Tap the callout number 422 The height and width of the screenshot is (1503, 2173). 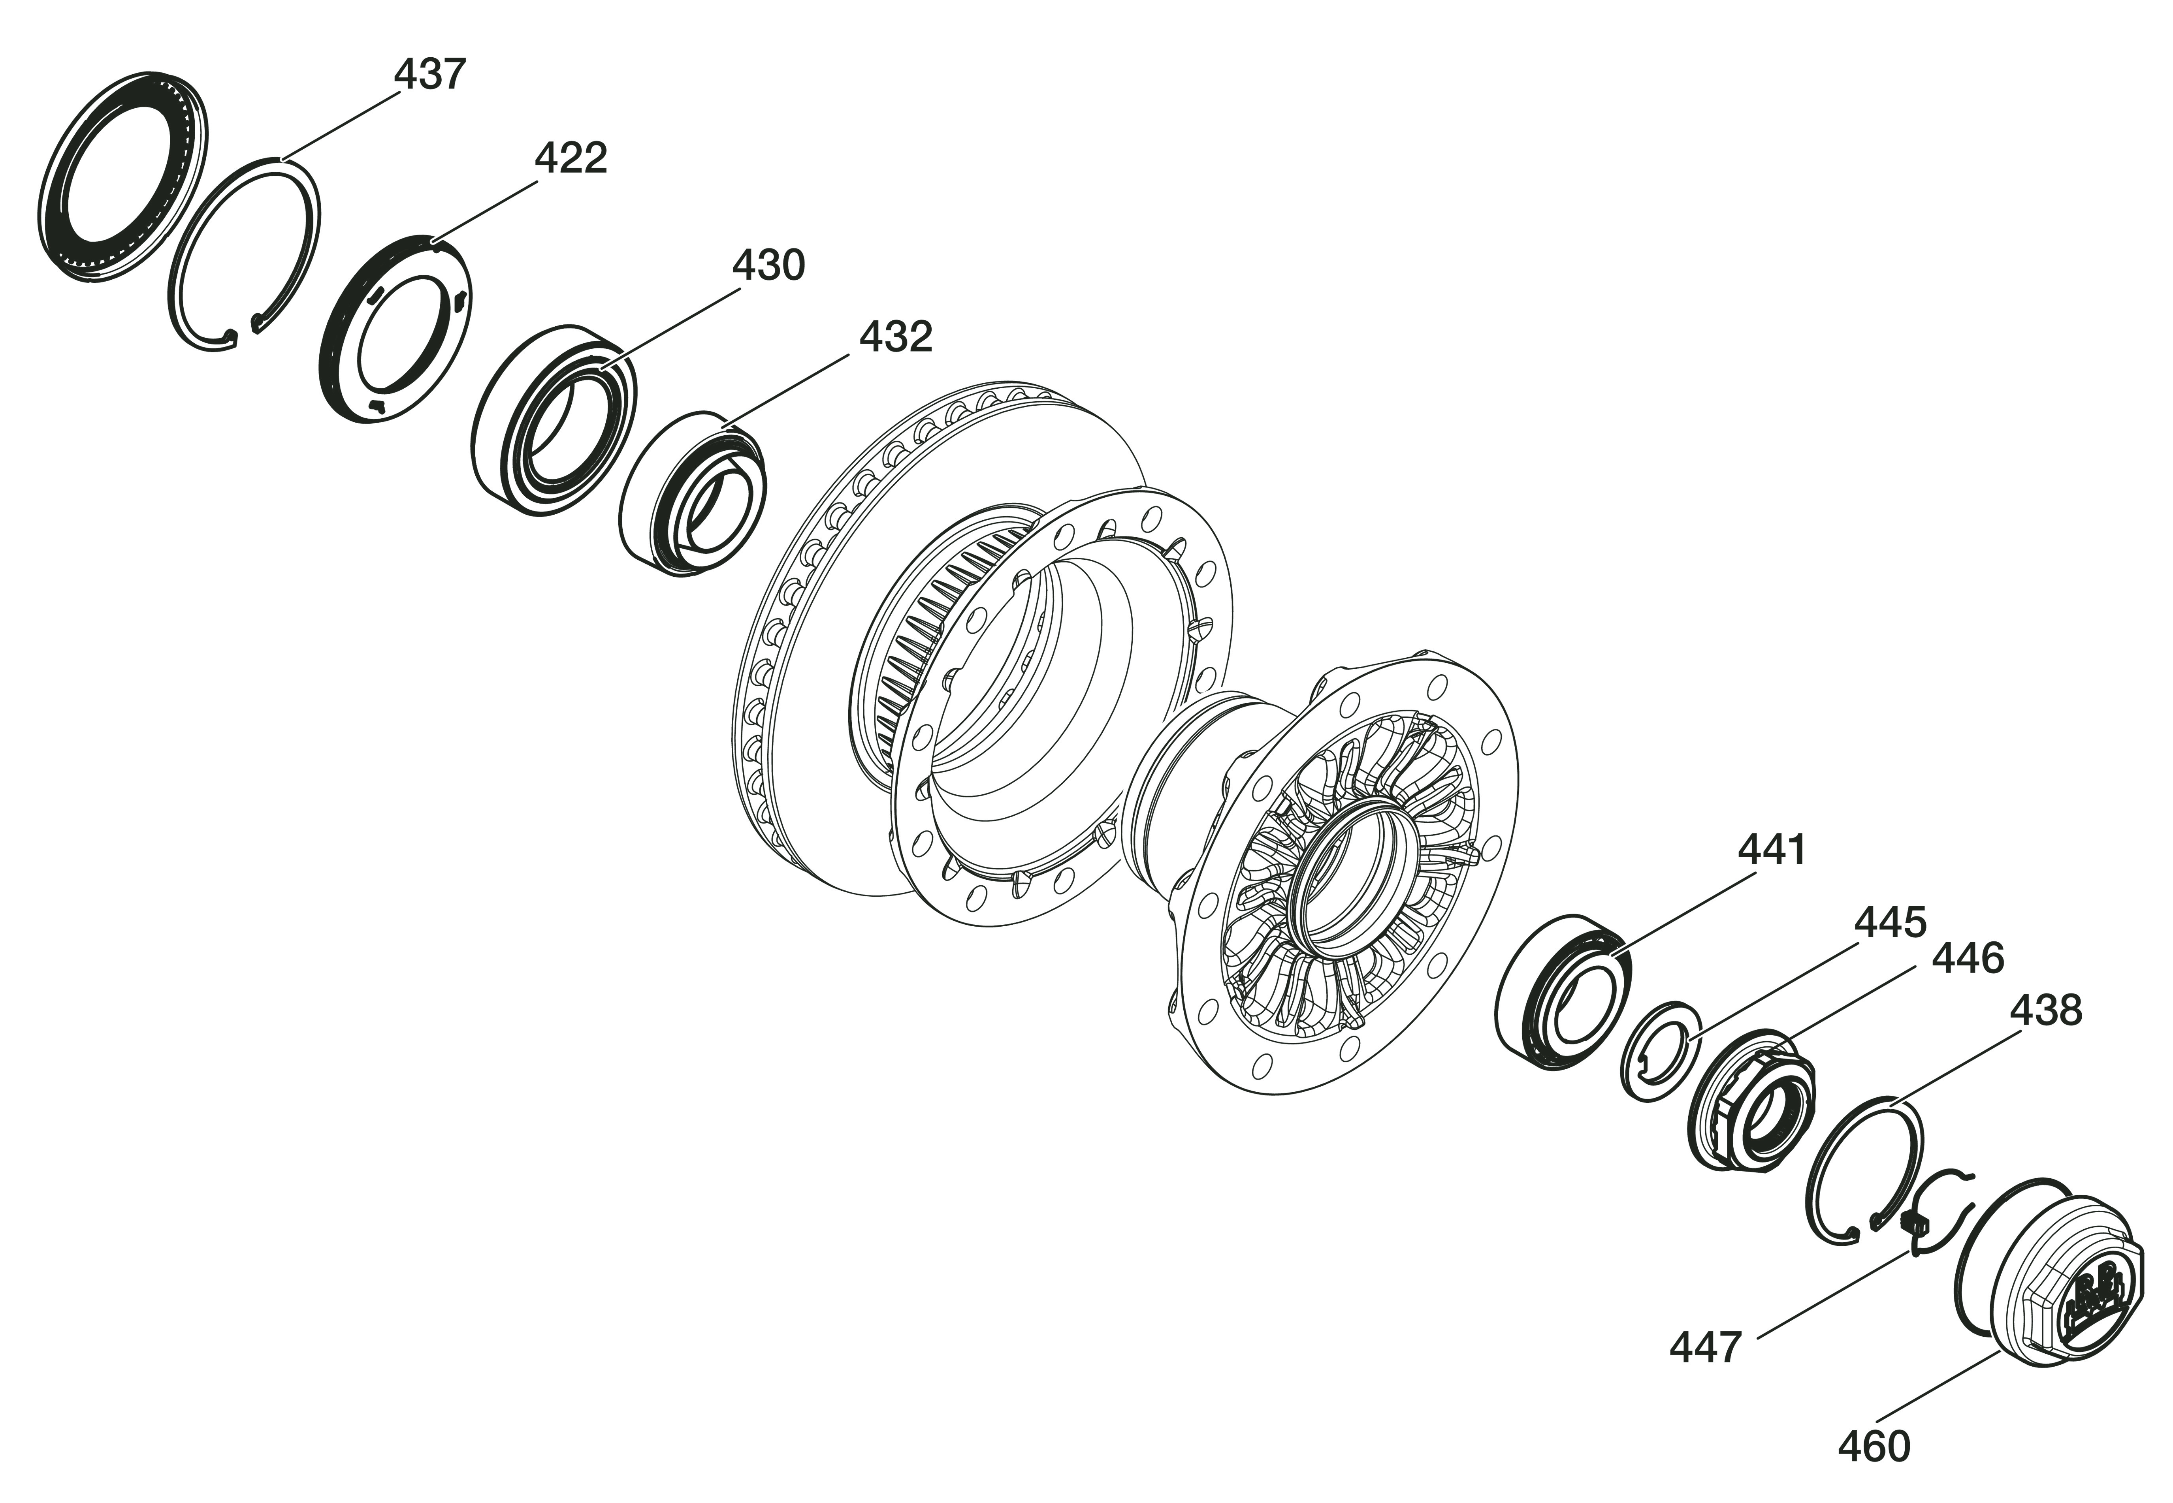[571, 158]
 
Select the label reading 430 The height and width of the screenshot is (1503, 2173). [768, 265]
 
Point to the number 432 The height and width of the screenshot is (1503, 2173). [896, 336]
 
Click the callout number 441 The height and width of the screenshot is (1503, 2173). [1772, 849]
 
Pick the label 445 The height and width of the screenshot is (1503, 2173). [1891, 923]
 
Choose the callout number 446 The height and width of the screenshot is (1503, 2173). [1968, 958]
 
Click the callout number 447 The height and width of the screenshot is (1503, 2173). [1706, 1348]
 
